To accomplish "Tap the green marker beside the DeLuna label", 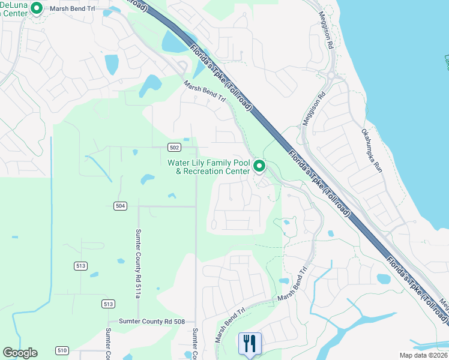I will coord(36,8).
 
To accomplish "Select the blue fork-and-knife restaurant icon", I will coord(250,343).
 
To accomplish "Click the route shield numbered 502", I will coord(174,147).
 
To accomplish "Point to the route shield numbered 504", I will coord(121,206).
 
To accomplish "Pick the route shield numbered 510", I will coord(62,350).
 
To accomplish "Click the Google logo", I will coord(20,353).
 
